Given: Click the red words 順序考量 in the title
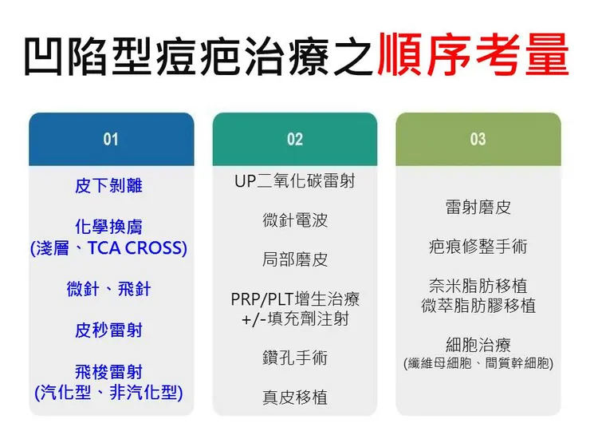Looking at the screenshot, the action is [473, 55].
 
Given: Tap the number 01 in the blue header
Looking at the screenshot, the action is [111, 140].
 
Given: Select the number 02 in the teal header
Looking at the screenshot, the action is [295, 140].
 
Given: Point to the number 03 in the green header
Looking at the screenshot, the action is [478, 140].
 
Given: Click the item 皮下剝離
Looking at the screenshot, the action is [108, 186].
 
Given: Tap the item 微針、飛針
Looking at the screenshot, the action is [108, 289].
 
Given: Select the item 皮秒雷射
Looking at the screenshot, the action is [108, 330].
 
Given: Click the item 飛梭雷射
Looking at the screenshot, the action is [108, 372].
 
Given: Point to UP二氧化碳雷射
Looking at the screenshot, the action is [295, 181].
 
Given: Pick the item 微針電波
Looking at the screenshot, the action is [295, 220].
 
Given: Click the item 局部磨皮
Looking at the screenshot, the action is [295, 259].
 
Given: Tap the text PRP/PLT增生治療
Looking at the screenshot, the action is [295, 299].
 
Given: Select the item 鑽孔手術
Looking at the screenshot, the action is [295, 358].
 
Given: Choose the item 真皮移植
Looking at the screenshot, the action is [295, 397].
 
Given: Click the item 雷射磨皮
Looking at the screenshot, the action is [478, 208].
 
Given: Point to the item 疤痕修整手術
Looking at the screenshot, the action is [478, 247].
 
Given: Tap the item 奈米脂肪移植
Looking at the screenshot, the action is [478, 286].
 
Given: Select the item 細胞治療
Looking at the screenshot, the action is [478, 345].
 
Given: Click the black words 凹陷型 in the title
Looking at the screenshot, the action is [88, 57].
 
